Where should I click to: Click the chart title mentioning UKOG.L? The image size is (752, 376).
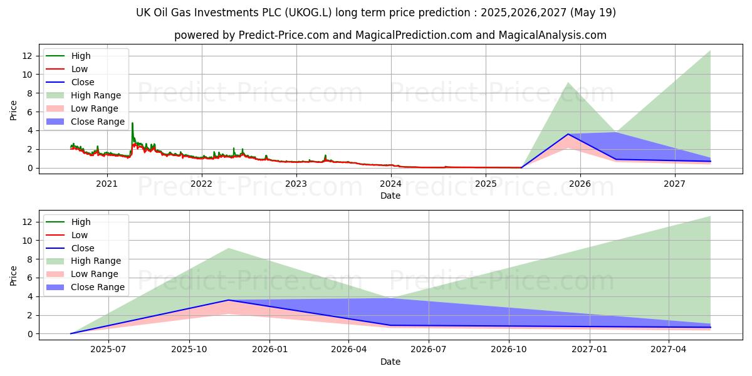click(x=376, y=13)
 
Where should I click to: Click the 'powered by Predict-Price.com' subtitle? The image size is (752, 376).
click(x=390, y=35)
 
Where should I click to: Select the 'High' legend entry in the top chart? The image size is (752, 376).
click(x=81, y=56)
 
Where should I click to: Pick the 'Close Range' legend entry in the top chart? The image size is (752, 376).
click(x=98, y=122)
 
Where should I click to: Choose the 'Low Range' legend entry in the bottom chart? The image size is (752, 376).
click(x=94, y=274)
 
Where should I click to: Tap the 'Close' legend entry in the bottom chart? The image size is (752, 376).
click(x=83, y=248)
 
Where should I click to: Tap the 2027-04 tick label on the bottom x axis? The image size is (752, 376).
click(x=669, y=349)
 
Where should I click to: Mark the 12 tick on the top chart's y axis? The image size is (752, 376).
click(x=27, y=56)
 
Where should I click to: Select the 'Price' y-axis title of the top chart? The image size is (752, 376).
click(x=14, y=110)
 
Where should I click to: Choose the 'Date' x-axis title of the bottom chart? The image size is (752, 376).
click(x=390, y=362)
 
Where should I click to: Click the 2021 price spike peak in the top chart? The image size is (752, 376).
click(x=132, y=123)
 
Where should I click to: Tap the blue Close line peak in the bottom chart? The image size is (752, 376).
click(x=229, y=300)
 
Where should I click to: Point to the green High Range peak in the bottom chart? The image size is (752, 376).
click(x=710, y=216)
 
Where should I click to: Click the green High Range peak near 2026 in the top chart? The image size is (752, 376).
click(x=568, y=83)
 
